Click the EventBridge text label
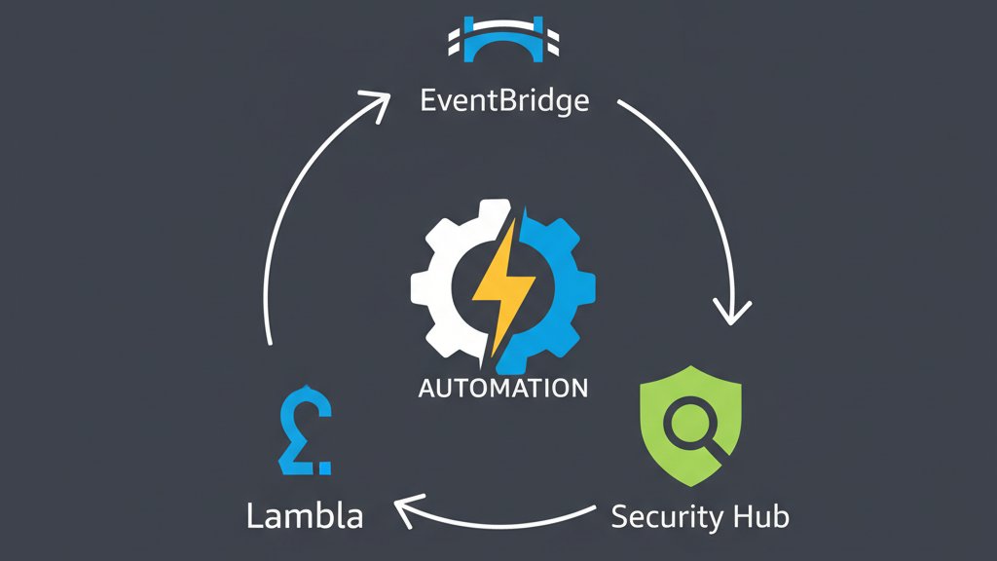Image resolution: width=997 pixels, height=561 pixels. (504, 101)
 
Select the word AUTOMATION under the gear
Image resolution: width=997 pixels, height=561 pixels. (502, 388)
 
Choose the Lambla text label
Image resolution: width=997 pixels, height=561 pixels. (305, 515)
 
